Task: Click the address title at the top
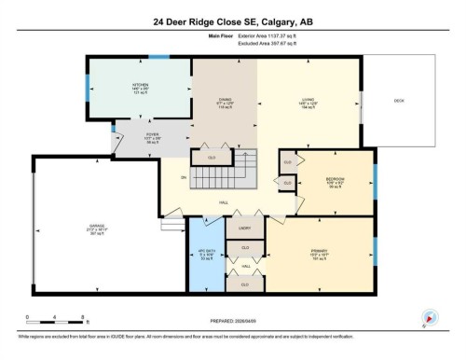[232, 21]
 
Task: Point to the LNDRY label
[245, 227]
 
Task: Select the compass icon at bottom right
[430, 317]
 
